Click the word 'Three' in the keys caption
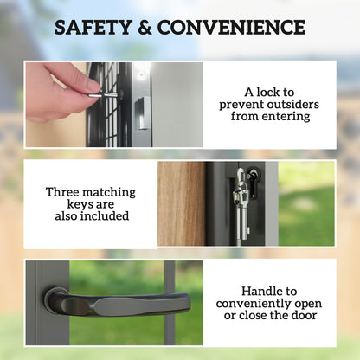(62, 190)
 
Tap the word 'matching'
(110, 190)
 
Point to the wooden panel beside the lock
(181, 203)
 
